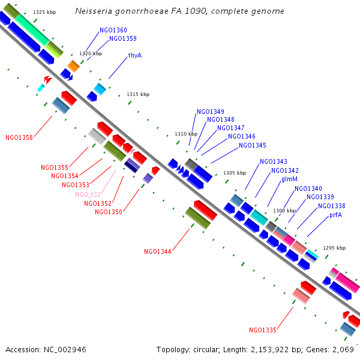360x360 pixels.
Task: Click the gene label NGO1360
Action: pos(113,30)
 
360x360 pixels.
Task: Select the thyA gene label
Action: pos(135,55)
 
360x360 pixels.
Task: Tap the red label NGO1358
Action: pos(19,137)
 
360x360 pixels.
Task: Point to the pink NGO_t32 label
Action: pos(88,194)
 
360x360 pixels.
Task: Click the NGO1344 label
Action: pos(157,251)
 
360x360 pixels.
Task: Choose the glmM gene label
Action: pos(289,179)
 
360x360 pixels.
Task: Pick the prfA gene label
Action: pos(335,215)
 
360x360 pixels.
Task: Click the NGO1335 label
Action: pos(263,330)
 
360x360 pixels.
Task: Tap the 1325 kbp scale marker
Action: pos(44,12)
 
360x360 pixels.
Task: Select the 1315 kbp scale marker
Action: pos(138,94)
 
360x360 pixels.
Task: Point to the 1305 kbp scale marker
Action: pos(235,173)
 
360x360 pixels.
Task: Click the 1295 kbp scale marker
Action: pos(334,248)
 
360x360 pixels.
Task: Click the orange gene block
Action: pos(73,67)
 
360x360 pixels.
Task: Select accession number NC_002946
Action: pos(65,350)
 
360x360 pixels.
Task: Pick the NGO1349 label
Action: pos(211,112)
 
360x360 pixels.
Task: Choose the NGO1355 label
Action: pos(55,167)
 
